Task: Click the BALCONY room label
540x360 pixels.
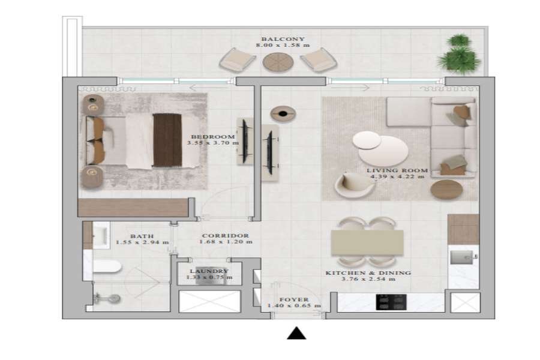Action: pos(283,39)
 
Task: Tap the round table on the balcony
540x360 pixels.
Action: pos(278,62)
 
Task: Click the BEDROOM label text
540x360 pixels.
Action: pos(213,137)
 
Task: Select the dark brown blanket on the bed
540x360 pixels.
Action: pos(167,140)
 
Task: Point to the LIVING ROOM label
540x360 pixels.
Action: pos(397,170)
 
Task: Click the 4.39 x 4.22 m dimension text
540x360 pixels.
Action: pos(397,177)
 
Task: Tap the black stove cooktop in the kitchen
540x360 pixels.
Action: pos(391,302)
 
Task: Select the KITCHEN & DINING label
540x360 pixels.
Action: pos(368,273)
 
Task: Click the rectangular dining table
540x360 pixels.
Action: pos(367,242)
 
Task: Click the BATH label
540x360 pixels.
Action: pos(142,236)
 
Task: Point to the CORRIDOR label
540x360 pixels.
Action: pos(225,236)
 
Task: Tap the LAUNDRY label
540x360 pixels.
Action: pos(209,271)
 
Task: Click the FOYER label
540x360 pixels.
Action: pos(294,299)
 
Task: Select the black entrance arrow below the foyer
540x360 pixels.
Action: pos(296,334)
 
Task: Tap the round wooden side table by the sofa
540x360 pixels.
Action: pos(446,190)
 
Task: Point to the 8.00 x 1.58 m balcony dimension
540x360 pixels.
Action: pos(283,45)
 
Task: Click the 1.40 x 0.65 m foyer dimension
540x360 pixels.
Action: pos(294,305)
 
